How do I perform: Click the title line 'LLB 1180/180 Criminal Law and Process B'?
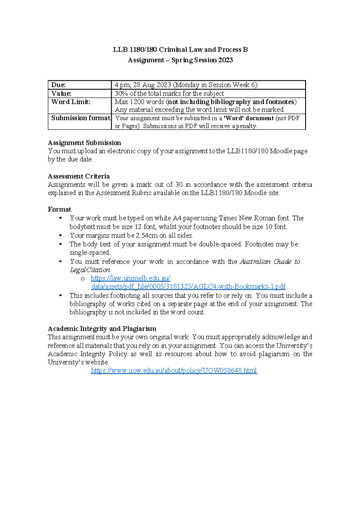180,50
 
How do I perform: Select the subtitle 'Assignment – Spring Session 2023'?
180,60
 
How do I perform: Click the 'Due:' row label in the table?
58,85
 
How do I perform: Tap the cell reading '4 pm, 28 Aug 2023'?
143,85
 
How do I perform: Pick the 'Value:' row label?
61,93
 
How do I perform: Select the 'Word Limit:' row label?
71,102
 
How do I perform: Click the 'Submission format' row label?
80,118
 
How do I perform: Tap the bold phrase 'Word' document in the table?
249,118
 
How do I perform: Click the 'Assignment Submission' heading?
84,143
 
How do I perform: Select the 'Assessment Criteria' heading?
79,176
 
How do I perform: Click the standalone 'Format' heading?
59,209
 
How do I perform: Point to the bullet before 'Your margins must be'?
61,235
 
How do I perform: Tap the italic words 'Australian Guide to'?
270,261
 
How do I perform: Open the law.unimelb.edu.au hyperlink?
130,278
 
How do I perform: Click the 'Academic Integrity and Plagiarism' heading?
102,329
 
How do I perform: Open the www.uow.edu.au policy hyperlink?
174,371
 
